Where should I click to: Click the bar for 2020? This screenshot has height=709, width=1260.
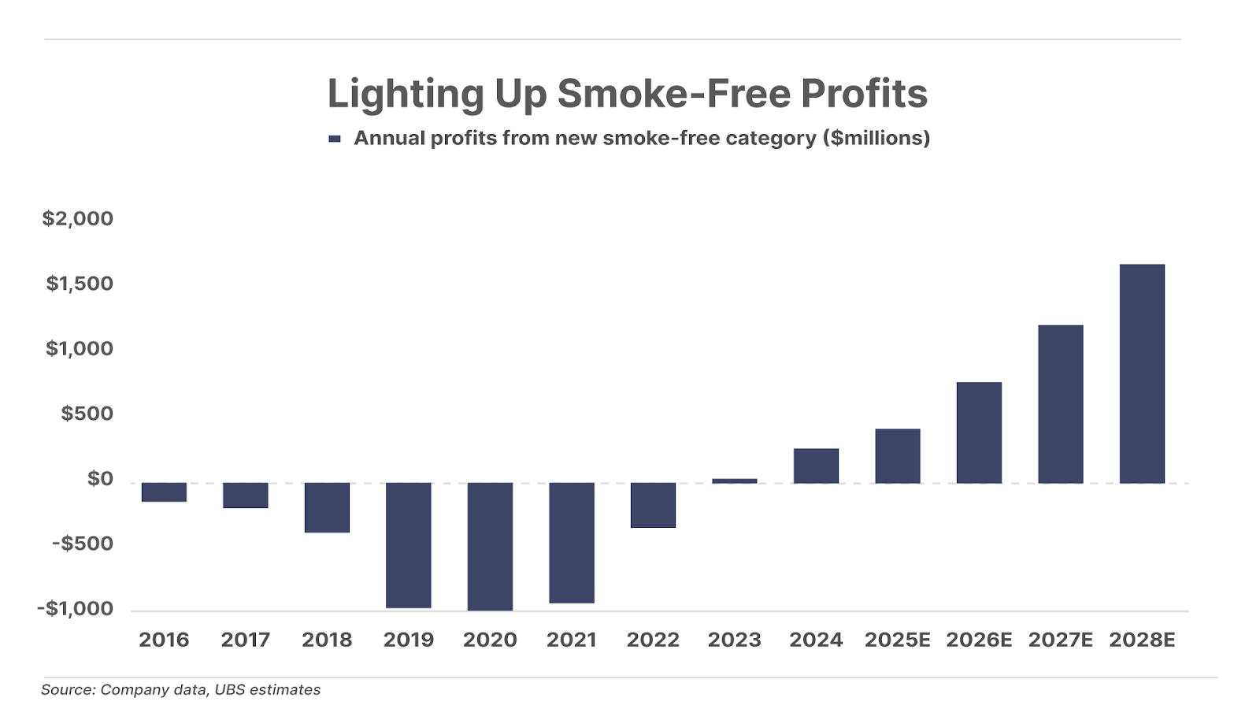(x=490, y=546)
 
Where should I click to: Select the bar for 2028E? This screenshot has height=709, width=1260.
(x=1142, y=373)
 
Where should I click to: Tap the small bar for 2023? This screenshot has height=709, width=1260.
(x=734, y=481)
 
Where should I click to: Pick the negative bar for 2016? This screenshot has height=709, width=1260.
(x=164, y=492)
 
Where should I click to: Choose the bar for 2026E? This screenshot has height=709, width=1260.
(x=979, y=432)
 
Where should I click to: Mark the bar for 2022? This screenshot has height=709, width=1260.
(x=653, y=505)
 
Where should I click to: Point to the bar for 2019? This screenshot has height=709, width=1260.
(x=408, y=544)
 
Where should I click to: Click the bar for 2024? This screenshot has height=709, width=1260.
(x=816, y=466)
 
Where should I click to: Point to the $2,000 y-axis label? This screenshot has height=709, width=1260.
(x=78, y=218)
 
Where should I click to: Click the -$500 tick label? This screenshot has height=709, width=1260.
(x=83, y=544)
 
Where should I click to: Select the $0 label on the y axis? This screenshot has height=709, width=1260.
(x=100, y=478)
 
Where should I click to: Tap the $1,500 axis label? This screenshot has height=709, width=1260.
(x=80, y=284)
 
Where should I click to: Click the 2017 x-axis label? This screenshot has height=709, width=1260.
(x=245, y=640)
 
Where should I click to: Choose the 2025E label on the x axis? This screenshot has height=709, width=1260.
(x=897, y=640)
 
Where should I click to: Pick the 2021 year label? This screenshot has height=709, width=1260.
(x=571, y=640)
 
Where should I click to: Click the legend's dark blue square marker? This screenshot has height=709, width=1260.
(x=335, y=139)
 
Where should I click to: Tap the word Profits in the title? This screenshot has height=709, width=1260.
(x=864, y=94)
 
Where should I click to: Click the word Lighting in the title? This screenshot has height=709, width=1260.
(x=406, y=94)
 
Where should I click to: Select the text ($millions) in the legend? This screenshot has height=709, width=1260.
(x=876, y=139)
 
